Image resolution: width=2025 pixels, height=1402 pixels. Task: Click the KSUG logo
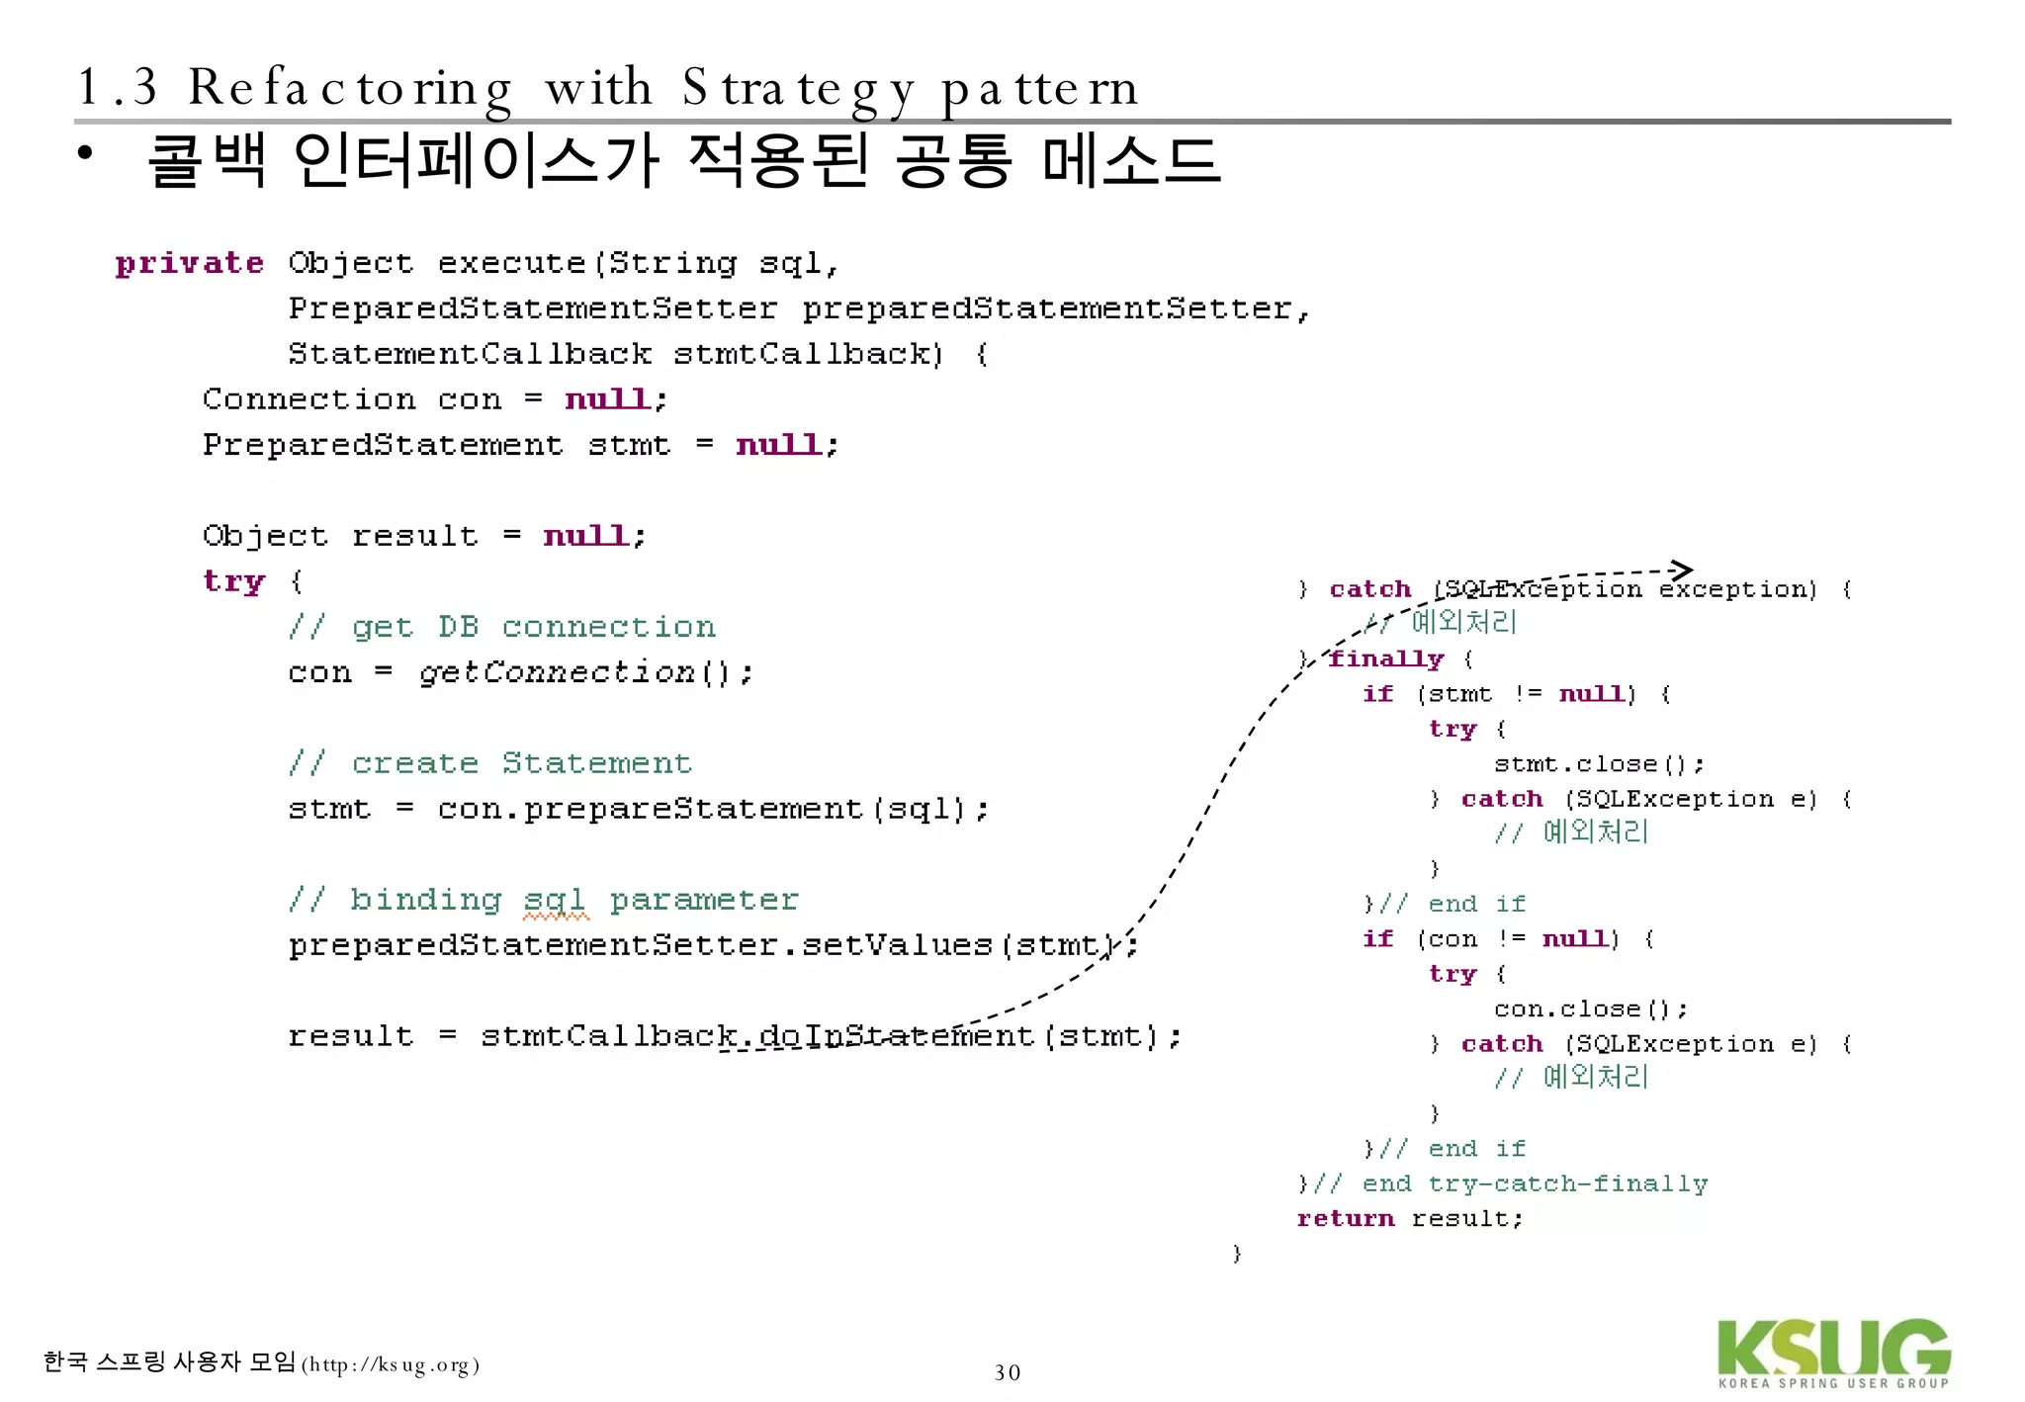click(1833, 1353)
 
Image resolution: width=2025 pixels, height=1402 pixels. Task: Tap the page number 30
click(1007, 1372)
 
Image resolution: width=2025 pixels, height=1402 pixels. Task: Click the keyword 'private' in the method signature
click(189, 263)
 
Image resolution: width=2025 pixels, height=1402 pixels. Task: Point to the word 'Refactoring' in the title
click(350, 89)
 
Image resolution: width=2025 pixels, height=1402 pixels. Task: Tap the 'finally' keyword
click(1385, 658)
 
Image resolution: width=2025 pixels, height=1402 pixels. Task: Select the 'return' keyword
click(1345, 1218)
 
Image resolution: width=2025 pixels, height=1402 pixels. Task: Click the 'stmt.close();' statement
click(1598, 763)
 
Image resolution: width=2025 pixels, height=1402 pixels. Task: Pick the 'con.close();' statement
click(1590, 1008)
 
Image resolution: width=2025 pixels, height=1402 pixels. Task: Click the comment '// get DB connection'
click(502, 627)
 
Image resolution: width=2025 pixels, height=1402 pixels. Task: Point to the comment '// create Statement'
click(490, 763)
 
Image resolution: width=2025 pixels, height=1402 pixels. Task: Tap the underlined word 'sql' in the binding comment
click(555, 900)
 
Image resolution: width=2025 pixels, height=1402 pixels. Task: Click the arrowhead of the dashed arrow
click(1682, 570)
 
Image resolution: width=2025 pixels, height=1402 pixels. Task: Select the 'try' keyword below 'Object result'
click(233, 581)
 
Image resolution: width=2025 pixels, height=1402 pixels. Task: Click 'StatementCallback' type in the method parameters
click(470, 354)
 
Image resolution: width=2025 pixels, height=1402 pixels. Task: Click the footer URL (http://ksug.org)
click(391, 1365)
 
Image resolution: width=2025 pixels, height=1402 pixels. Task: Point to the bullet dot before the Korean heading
click(86, 153)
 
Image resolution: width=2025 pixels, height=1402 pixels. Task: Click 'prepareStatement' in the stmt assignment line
click(692, 809)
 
